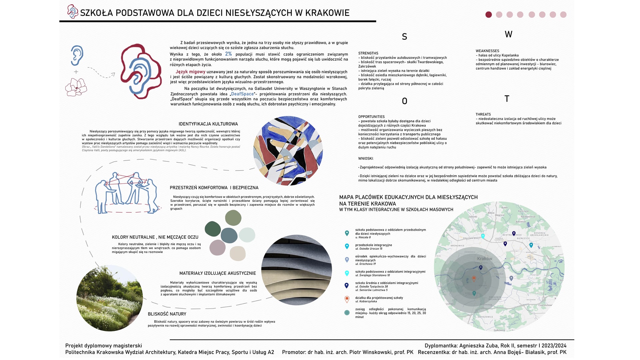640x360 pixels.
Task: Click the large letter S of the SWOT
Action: tap(404, 37)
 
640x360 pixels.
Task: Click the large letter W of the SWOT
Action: tap(508, 34)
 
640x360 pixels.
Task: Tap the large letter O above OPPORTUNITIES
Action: tap(405, 101)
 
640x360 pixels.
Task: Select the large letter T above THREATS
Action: tap(507, 99)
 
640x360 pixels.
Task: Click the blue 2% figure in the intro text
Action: tap(228, 54)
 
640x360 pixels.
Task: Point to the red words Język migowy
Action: tap(190, 72)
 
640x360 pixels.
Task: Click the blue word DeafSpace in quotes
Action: tap(242, 94)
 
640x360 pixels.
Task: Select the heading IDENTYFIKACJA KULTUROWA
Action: tap(208, 124)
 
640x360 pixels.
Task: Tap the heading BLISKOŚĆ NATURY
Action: tap(167, 314)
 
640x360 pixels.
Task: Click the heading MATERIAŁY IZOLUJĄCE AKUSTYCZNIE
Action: tap(218, 273)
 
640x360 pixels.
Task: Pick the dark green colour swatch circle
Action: tap(213, 229)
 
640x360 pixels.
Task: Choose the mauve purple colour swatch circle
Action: tap(217, 248)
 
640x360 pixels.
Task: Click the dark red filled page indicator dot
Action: tap(489, 15)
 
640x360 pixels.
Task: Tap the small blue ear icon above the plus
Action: tap(77, 55)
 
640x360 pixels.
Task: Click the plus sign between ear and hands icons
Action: tap(76, 72)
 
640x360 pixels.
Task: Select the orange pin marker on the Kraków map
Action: tap(474, 279)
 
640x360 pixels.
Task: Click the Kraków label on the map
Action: tap(485, 259)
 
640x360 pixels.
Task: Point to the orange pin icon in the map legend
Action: tap(347, 299)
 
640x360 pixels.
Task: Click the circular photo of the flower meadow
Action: tap(110, 298)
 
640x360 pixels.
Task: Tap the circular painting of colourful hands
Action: tap(288, 151)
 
